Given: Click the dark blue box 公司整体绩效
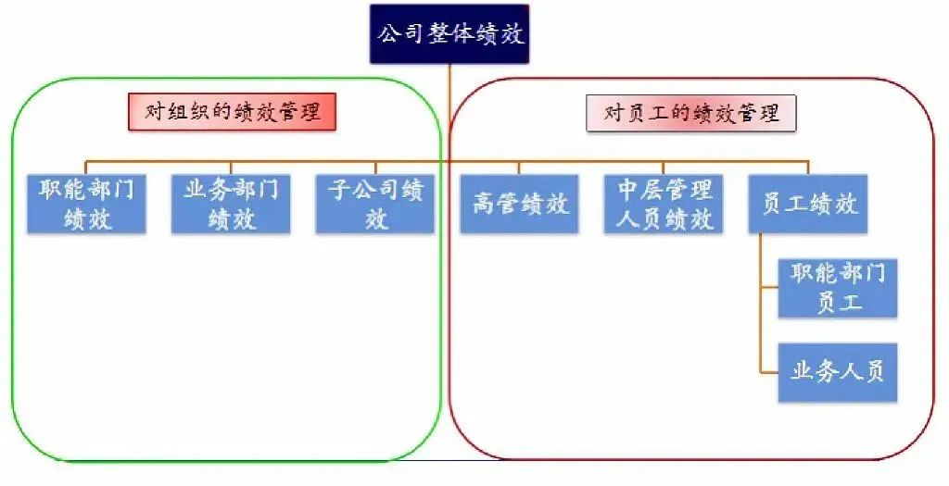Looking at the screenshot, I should click(449, 34).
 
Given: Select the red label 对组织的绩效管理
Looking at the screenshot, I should click(231, 113).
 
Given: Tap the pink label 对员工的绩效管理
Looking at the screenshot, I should click(691, 114).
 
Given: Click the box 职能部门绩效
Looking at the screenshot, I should click(87, 204).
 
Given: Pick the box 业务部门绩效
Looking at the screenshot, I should click(231, 204).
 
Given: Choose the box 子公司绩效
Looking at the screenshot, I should click(374, 204).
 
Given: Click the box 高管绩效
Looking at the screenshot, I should click(519, 204).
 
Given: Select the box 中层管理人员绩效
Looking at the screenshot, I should click(664, 204).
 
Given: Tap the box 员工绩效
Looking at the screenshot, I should click(808, 204).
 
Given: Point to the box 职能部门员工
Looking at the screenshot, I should click(838, 288).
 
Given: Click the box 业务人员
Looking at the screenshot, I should click(838, 372).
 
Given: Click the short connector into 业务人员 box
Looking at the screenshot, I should click(768, 372).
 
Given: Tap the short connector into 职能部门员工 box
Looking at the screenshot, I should click(768, 288).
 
